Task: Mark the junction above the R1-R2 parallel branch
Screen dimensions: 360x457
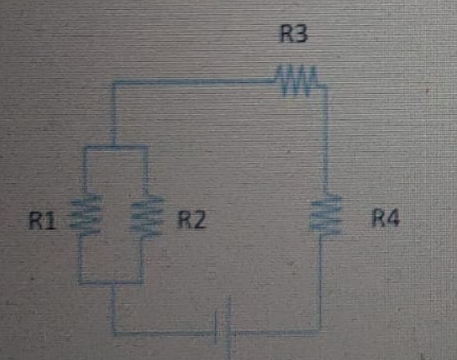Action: coord(113,148)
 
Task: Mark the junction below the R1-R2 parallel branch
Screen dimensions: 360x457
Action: coord(113,282)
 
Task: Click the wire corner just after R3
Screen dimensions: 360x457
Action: coord(325,86)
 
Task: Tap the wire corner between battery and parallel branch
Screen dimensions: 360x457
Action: coord(114,333)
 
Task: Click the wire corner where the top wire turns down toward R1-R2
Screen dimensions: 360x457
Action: coord(114,82)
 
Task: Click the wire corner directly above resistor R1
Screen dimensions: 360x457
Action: coord(83,148)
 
